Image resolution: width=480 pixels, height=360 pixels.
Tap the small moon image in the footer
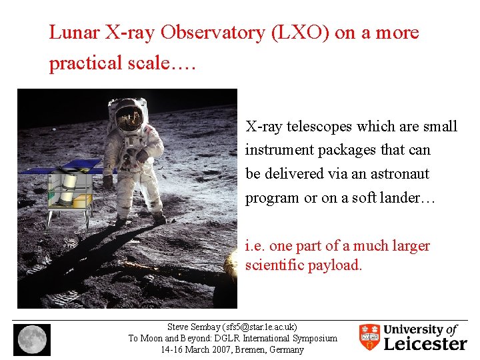pos(31,339)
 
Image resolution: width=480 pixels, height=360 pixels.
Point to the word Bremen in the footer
pos(249,349)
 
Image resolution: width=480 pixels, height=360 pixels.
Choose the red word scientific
pos(273,265)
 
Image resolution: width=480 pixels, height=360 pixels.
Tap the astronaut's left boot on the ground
pos(159,218)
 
